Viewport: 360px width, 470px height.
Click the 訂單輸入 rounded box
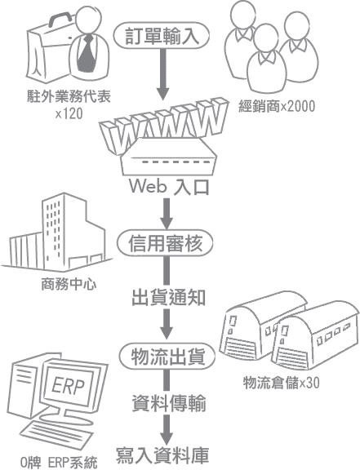[161, 35]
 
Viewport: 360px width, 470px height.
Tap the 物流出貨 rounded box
[167, 357]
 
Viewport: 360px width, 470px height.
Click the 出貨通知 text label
[169, 297]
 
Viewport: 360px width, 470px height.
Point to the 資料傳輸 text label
[169, 403]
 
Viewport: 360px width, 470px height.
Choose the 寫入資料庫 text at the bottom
[162, 455]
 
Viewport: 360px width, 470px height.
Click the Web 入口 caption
[169, 187]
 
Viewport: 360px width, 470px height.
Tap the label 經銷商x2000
[277, 106]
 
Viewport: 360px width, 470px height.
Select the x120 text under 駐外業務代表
[69, 113]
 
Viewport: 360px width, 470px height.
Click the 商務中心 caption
[69, 284]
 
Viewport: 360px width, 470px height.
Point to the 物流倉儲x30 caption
[281, 383]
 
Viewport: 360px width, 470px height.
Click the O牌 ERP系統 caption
[59, 463]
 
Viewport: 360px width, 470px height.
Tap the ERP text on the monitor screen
[68, 386]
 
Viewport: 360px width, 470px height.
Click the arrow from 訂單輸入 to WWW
[163, 74]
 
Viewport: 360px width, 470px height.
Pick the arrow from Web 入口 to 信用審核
[167, 214]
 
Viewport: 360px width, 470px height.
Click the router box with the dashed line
[169, 157]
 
